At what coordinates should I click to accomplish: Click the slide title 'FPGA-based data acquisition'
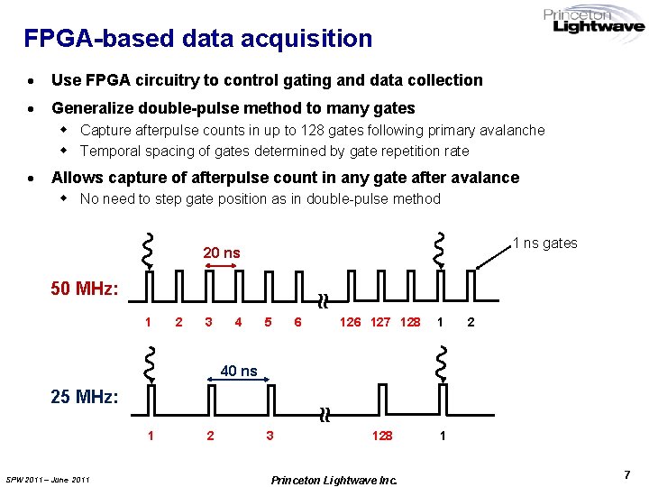197,39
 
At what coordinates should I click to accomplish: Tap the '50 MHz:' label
84,289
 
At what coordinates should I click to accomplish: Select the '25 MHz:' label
84,397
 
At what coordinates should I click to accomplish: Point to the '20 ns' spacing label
222,253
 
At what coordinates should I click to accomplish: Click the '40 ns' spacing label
239,371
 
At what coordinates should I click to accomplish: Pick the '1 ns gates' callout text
544,243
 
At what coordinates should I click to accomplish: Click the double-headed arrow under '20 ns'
222,266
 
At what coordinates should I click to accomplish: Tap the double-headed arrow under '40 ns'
239,383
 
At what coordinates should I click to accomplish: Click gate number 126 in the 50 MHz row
350,322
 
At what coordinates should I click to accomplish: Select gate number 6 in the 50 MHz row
297,322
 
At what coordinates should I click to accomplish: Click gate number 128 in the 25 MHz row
382,436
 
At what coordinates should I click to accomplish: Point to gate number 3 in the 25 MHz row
269,436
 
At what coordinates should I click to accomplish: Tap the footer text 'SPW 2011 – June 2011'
48,479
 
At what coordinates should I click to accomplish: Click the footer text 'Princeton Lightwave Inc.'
334,479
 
